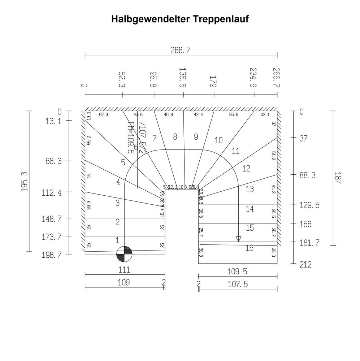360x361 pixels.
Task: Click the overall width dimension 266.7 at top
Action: pyautogui.click(x=180, y=50)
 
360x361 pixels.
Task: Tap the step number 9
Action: pyautogui.click(x=196, y=137)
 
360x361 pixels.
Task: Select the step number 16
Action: pyautogui.click(x=249, y=248)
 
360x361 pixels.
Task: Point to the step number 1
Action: pyautogui.click(x=117, y=240)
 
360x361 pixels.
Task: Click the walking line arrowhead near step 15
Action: pyautogui.click(x=238, y=239)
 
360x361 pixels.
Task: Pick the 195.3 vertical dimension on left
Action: pyautogui.click(x=25, y=182)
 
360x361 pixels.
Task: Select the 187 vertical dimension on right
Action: pyautogui.click(x=337, y=178)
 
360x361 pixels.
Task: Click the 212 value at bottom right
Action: pyautogui.click(x=305, y=265)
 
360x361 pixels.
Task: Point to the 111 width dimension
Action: pyautogui.click(x=124, y=270)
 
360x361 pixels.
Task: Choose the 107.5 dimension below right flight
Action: pyautogui.click(x=238, y=284)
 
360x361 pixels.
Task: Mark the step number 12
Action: pyautogui.click(x=246, y=169)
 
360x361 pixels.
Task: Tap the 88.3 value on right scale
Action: pyautogui.click(x=308, y=175)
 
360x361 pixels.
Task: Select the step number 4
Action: pyautogui.click(x=118, y=183)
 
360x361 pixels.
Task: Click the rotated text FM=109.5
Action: pyautogui.click(x=131, y=138)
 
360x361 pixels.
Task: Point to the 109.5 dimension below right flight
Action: pyautogui.click(x=237, y=271)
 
